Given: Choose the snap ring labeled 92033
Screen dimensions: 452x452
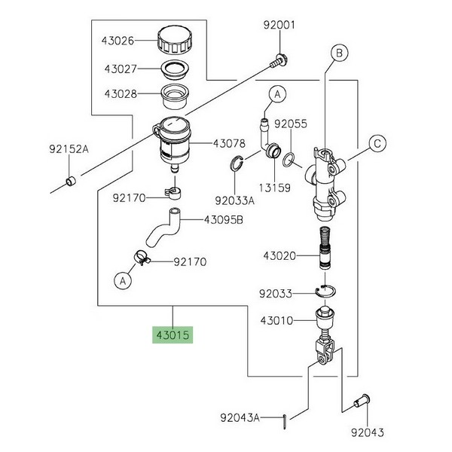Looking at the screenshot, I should (x=325, y=292).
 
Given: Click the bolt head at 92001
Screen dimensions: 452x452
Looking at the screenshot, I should (x=279, y=57).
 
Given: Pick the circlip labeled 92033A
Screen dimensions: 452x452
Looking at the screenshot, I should (x=235, y=164).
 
